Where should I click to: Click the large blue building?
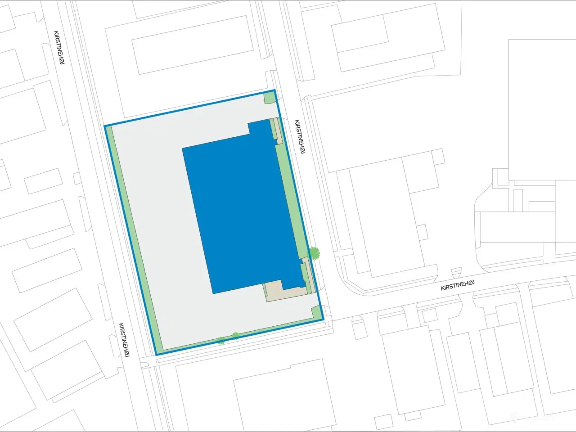pos(243,211)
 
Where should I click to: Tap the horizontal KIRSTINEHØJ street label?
pos(458,285)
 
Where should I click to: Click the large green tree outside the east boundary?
pos(315,253)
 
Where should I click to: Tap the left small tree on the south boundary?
pos(221,340)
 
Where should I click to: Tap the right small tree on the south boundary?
pos(235,336)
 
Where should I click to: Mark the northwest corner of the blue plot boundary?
pos(105,126)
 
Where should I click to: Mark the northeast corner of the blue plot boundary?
pos(274,91)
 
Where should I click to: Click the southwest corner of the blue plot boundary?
pos(157,355)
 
